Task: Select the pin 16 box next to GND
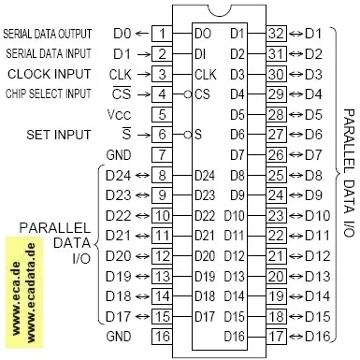162,336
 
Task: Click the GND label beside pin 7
118,153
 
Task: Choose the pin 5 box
162,114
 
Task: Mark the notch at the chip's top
219,11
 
